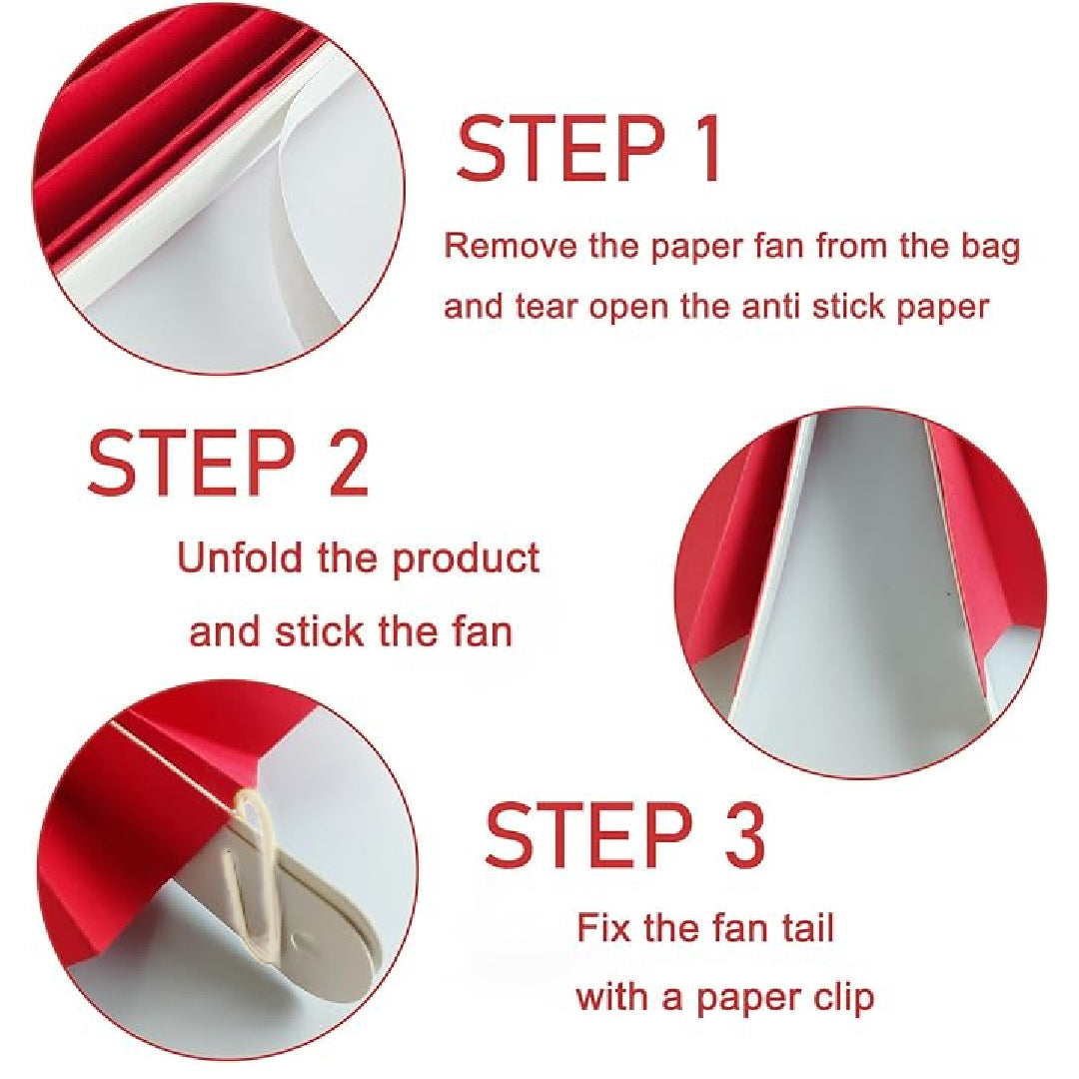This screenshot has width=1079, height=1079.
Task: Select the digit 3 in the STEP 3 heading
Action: coord(743,833)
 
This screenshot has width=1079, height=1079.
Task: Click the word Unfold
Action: coord(240,556)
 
